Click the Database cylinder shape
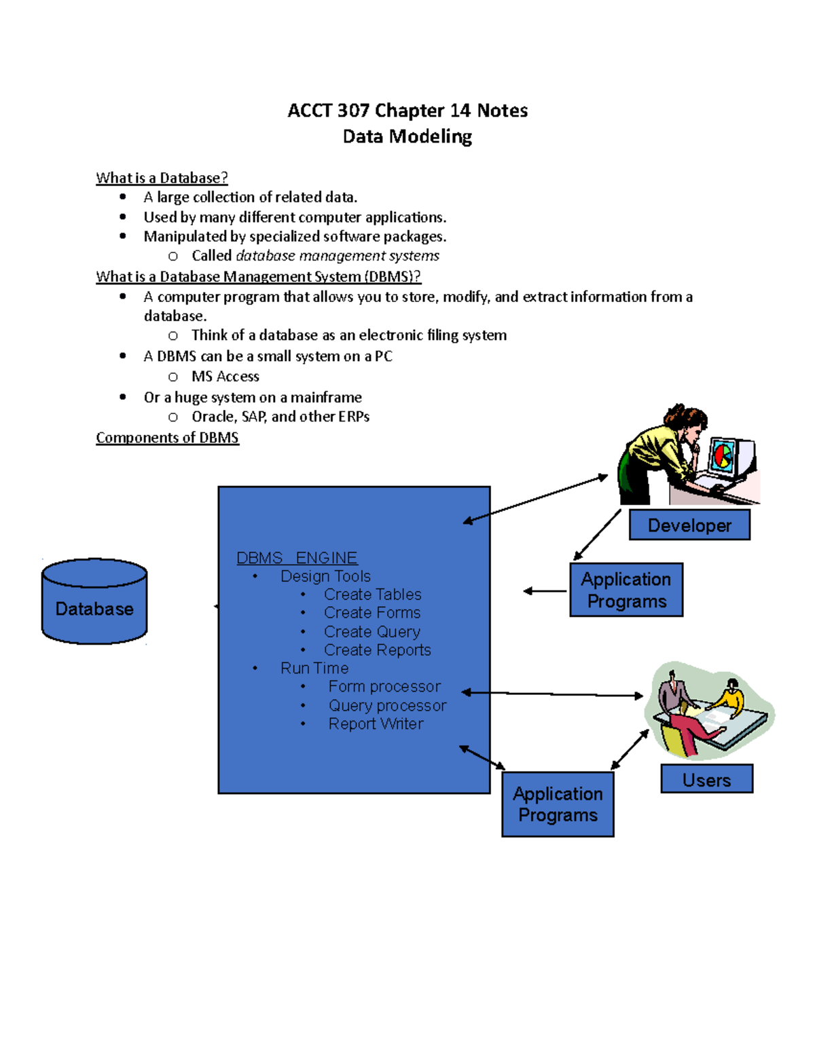pyautogui.click(x=94, y=602)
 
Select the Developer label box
pyautogui.click(x=689, y=525)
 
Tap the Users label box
pyautogui.click(x=706, y=779)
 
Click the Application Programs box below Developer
pyautogui.click(x=626, y=590)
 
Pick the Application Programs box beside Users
pyautogui.click(x=558, y=804)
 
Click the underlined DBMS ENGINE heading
pyautogui.click(x=297, y=558)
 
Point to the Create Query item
pyautogui.click(x=372, y=632)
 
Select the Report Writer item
pyautogui.click(x=376, y=724)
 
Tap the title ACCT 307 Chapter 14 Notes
pyautogui.click(x=407, y=111)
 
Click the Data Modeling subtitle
pyautogui.click(x=407, y=136)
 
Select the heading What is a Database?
pyautogui.click(x=162, y=178)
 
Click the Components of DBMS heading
pyautogui.click(x=167, y=438)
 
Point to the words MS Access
pyautogui.click(x=225, y=377)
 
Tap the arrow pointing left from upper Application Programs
pyautogui.click(x=545, y=591)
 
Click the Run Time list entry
pyautogui.click(x=314, y=669)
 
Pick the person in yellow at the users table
pyautogui.click(x=730, y=696)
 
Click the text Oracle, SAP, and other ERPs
pyautogui.click(x=280, y=417)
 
